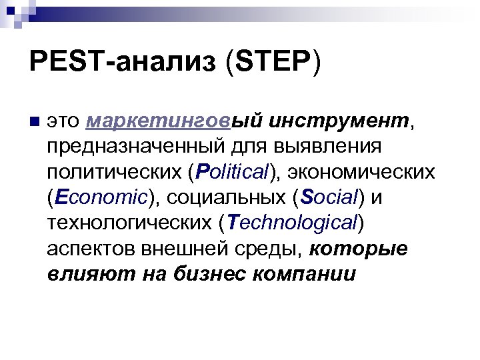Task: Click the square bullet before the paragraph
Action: pyautogui.click(x=35, y=123)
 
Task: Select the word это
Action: pyautogui.click(x=65, y=123)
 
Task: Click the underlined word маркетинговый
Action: pyautogui.click(x=175, y=123)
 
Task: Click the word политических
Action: pyautogui.click(x=113, y=173)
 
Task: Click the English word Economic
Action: pyautogui.click(x=101, y=198)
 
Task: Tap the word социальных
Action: pyautogui.click(x=223, y=198)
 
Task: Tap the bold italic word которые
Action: pyautogui.click(x=359, y=248)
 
